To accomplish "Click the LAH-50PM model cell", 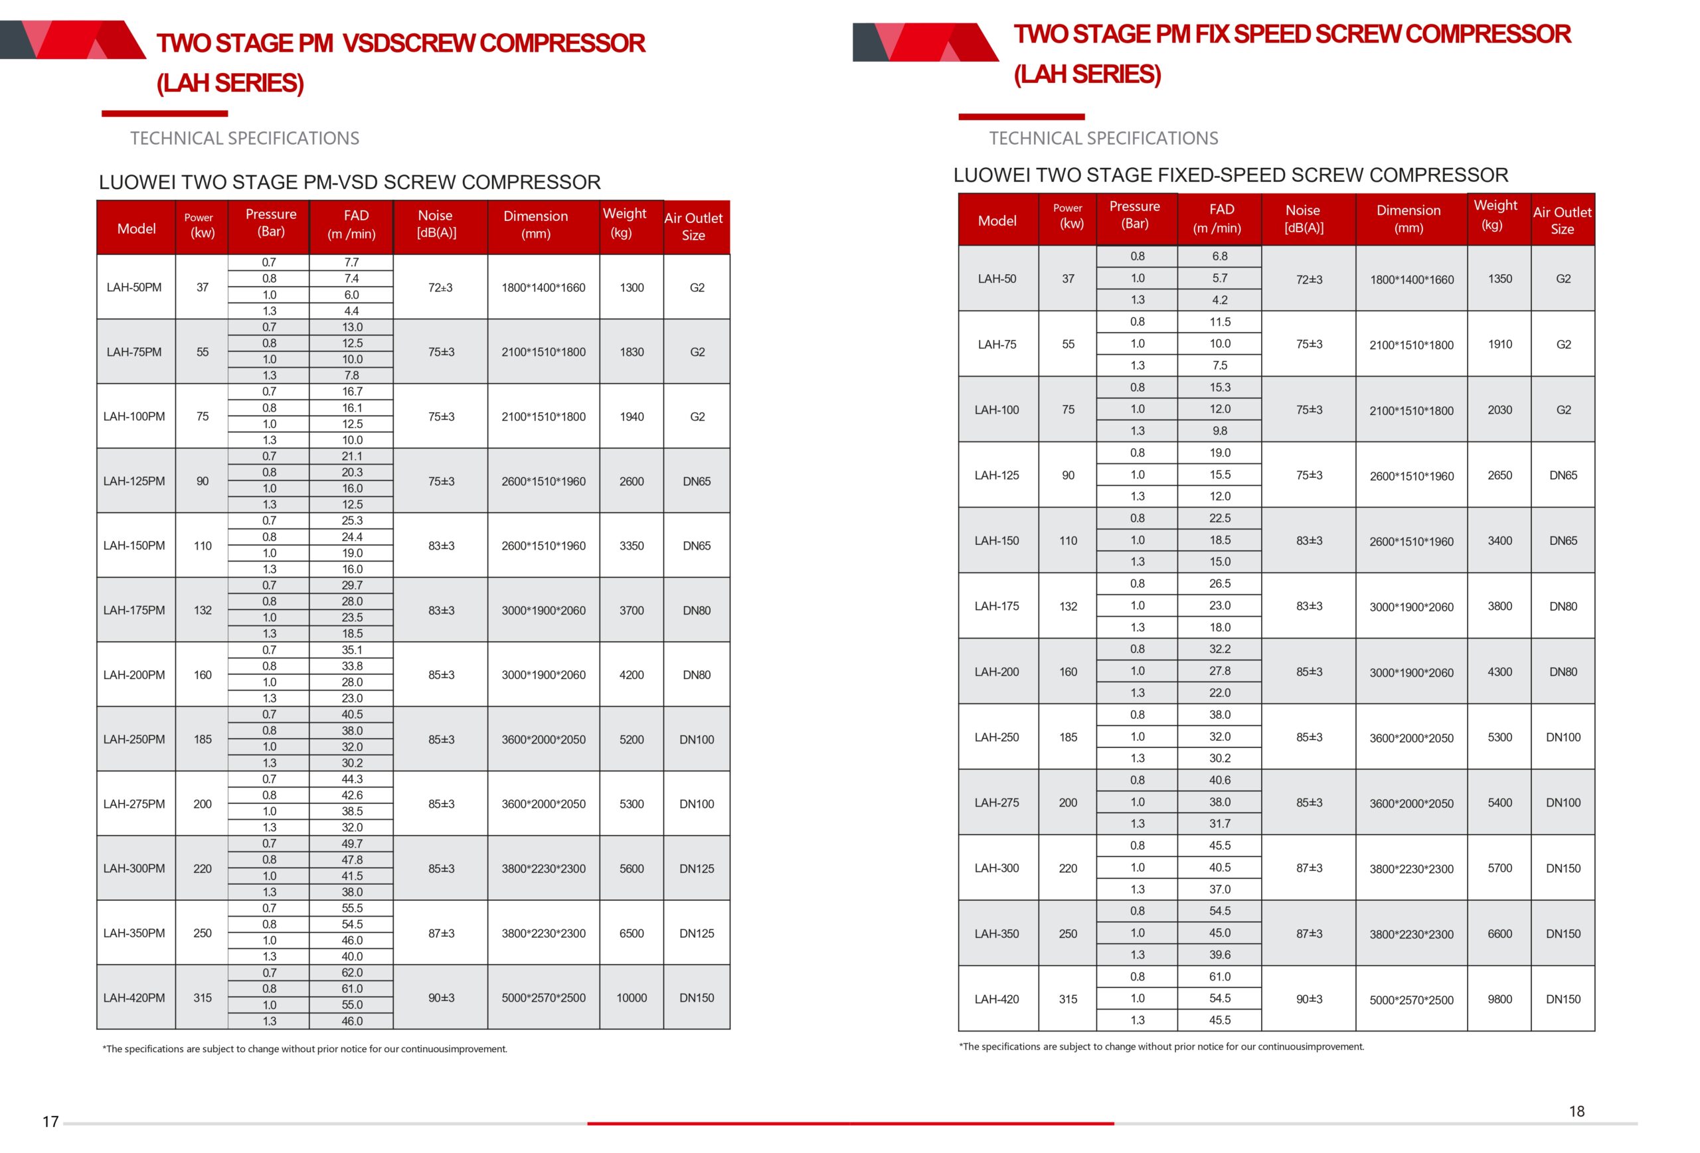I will tap(134, 287).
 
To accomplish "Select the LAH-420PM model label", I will tap(134, 997).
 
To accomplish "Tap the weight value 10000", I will tap(632, 997).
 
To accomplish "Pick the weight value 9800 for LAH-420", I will tap(1499, 999).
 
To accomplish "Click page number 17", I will tap(50, 1122).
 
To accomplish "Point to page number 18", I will tap(1576, 1111).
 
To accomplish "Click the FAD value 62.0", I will tap(352, 972).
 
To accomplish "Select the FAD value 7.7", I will tap(352, 262).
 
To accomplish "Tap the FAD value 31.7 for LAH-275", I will tap(1219, 823).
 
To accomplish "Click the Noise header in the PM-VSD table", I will tap(436, 224).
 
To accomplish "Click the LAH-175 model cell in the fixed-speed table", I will tap(996, 606).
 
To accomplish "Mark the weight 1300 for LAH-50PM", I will tap(632, 287).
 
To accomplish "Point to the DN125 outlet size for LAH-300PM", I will tap(697, 869).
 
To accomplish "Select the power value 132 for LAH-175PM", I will tap(203, 610).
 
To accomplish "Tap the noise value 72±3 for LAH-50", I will tap(1309, 279).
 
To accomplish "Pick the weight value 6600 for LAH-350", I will tap(1499, 934).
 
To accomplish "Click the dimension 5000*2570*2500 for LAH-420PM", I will tap(543, 997).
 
